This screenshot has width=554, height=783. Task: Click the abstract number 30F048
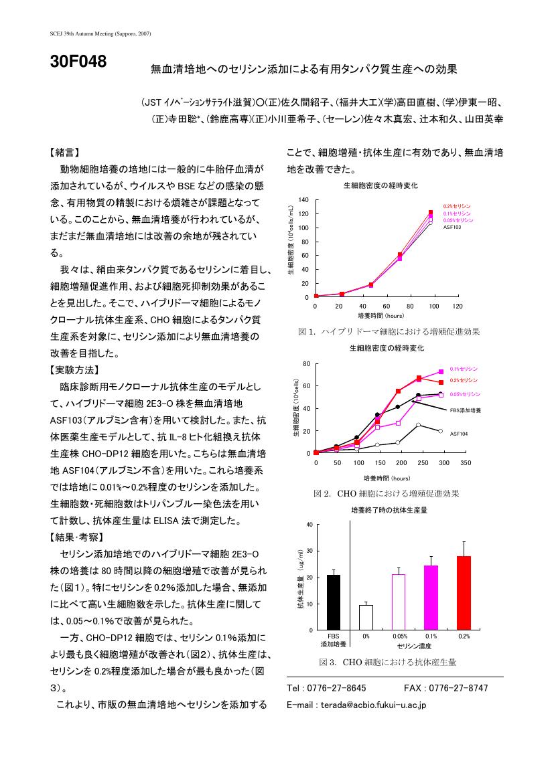click(78, 62)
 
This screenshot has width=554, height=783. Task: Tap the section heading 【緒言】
click(64, 153)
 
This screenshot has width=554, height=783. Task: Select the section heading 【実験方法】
click(74, 370)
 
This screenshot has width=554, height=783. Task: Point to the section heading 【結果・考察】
click(77, 537)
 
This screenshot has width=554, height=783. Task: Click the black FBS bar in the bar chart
click(334, 602)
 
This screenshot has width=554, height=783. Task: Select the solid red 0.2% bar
click(464, 593)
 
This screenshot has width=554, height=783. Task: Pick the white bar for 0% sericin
click(366, 618)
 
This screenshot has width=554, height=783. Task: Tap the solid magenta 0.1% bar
click(431, 598)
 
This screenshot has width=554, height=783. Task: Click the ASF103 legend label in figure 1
click(452, 228)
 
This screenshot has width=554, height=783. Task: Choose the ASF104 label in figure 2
click(458, 434)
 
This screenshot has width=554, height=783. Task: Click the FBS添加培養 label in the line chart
click(466, 410)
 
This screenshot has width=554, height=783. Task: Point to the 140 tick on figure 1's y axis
click(303, 200)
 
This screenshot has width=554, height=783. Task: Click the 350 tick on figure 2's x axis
click(466, 463)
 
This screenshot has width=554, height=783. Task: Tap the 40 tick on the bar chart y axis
click(309, 525)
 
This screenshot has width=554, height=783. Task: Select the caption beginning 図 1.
click(389, 331)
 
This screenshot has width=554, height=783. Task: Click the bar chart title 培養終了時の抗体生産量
click(389, 511)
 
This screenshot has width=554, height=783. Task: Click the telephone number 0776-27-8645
click(336, 688)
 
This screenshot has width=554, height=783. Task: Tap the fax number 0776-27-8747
click(458, 688)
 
